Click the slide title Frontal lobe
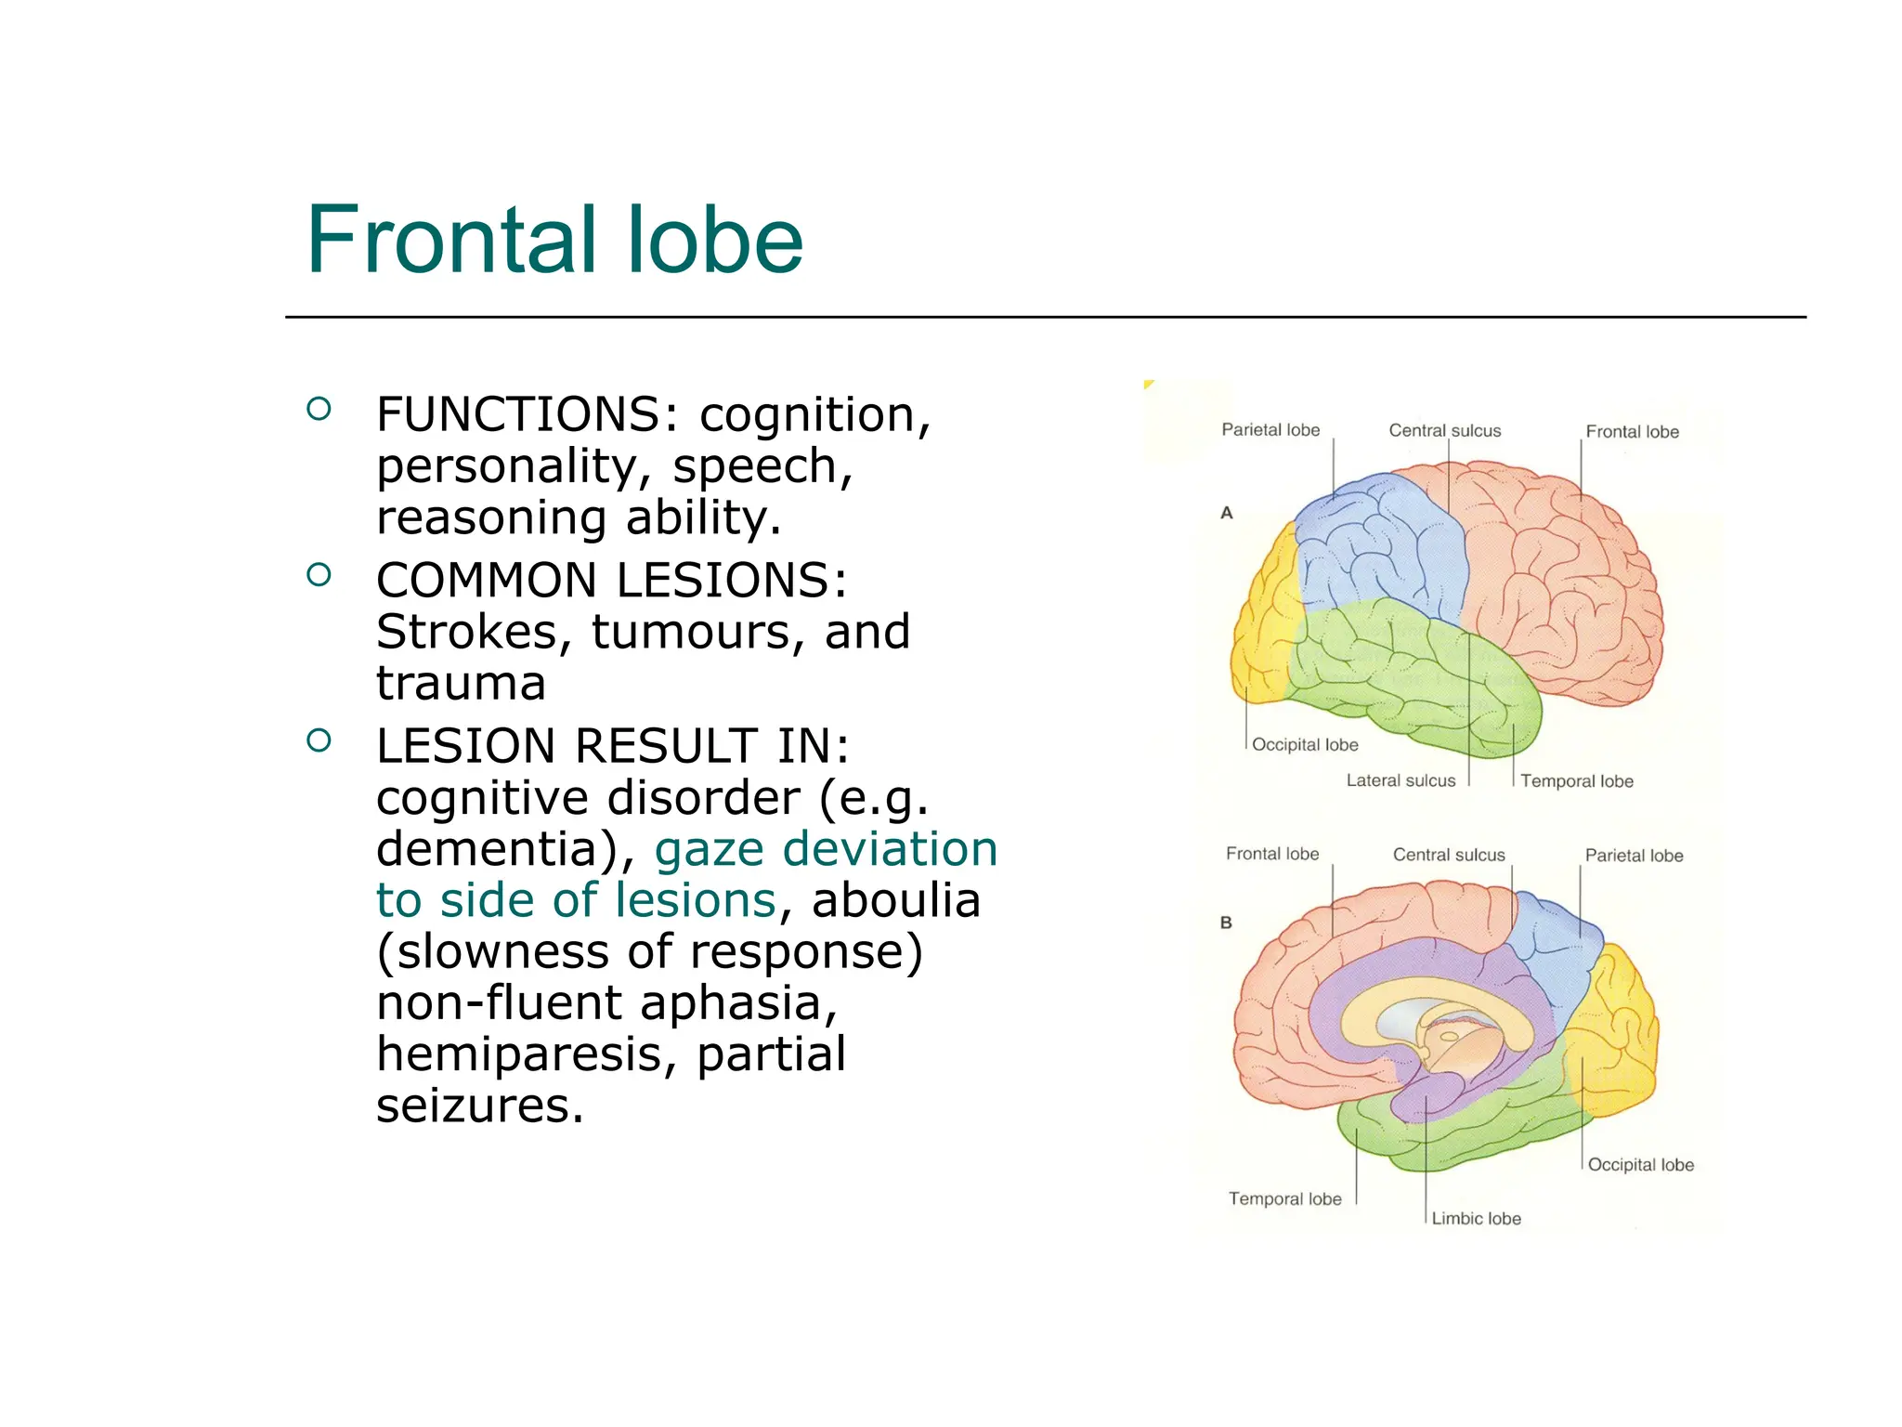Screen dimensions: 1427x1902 point(554,241)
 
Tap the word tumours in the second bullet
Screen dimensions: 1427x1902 point(688,632)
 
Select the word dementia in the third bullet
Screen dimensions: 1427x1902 point(497,849)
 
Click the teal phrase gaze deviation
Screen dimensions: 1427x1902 point(826,849)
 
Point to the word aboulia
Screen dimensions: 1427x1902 point(895,900)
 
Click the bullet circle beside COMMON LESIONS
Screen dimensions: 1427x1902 point(319,575)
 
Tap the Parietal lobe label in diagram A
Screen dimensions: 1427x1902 point(1270,430)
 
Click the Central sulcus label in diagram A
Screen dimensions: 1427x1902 point(1444,431)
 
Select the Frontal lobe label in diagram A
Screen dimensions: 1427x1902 point(1632,432)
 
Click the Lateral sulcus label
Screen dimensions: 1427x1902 point(1400,781)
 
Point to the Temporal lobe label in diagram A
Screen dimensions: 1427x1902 point(1576,782)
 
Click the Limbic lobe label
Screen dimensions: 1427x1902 point(1476,1219)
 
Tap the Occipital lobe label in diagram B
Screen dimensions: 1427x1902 point(1640,1165)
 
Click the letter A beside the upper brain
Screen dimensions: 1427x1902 point(1227,513)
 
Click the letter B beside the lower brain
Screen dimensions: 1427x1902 point(1226,923)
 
